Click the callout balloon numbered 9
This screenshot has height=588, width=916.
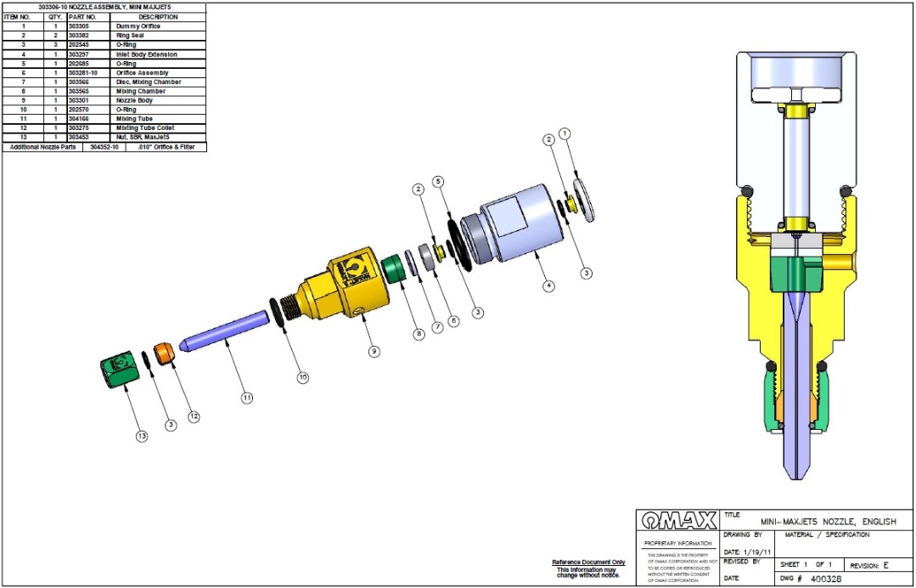click(374, 351)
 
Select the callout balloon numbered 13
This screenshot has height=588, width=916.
click(142, 436)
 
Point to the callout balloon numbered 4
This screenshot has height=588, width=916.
click(549, 286)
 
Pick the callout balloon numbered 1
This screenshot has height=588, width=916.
click(565, 133)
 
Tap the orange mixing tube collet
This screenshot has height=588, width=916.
click(166, 353)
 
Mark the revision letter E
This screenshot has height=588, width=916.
click(885, 565)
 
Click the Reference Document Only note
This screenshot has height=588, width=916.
click(587, 562)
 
